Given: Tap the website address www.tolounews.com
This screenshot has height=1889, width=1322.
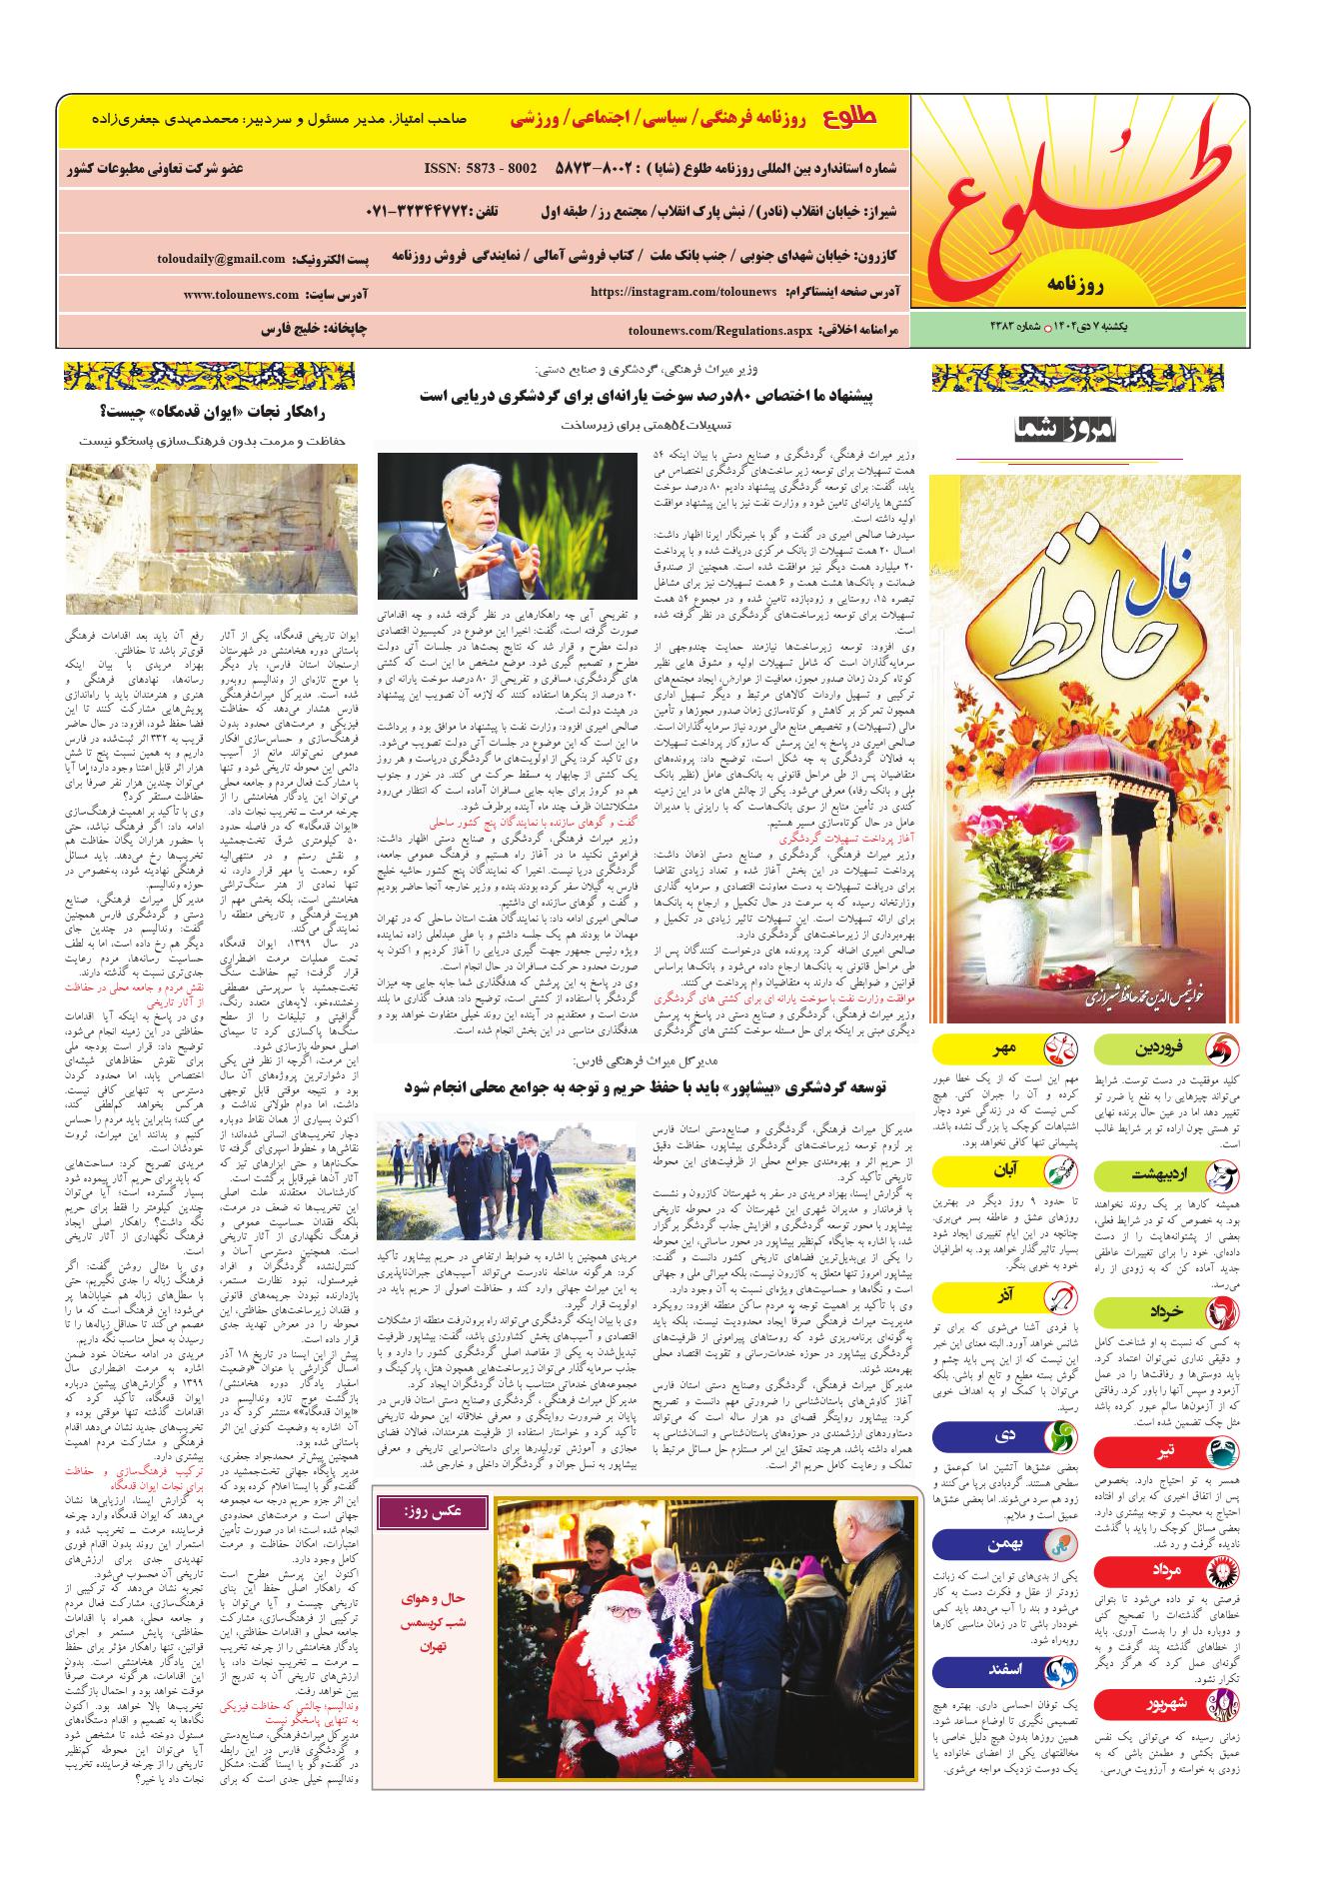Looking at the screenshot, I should pyautogui.click(x=241, y=295).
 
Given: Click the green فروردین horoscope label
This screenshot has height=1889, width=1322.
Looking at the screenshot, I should pyautogui.click(x=1165, y=1048).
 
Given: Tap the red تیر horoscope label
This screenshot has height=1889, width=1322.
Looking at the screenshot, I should pyautogui.click(x=1165, y=1451).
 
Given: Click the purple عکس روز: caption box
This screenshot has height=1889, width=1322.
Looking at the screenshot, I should pyautogui.click(x=437, y=1511).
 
